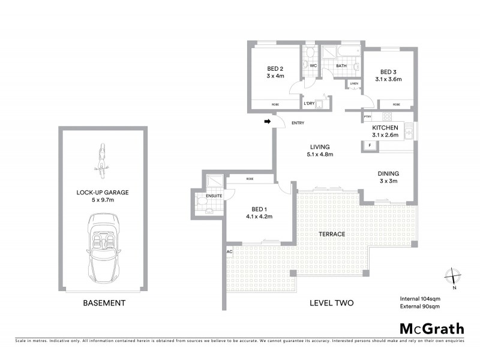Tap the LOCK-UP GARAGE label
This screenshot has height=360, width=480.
(102, 193)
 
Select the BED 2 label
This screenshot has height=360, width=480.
(275, 68)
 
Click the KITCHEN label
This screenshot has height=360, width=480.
(385, 128)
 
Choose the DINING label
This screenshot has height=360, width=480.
(388, 173)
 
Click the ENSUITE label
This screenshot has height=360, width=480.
(215, 195)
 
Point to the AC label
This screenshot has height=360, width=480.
(229, 251)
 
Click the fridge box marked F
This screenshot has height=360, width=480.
(370, 145)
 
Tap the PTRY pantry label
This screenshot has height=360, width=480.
(368, 116)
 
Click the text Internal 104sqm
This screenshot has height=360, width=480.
(420, 298)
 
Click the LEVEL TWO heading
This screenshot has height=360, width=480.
(331, 303)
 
